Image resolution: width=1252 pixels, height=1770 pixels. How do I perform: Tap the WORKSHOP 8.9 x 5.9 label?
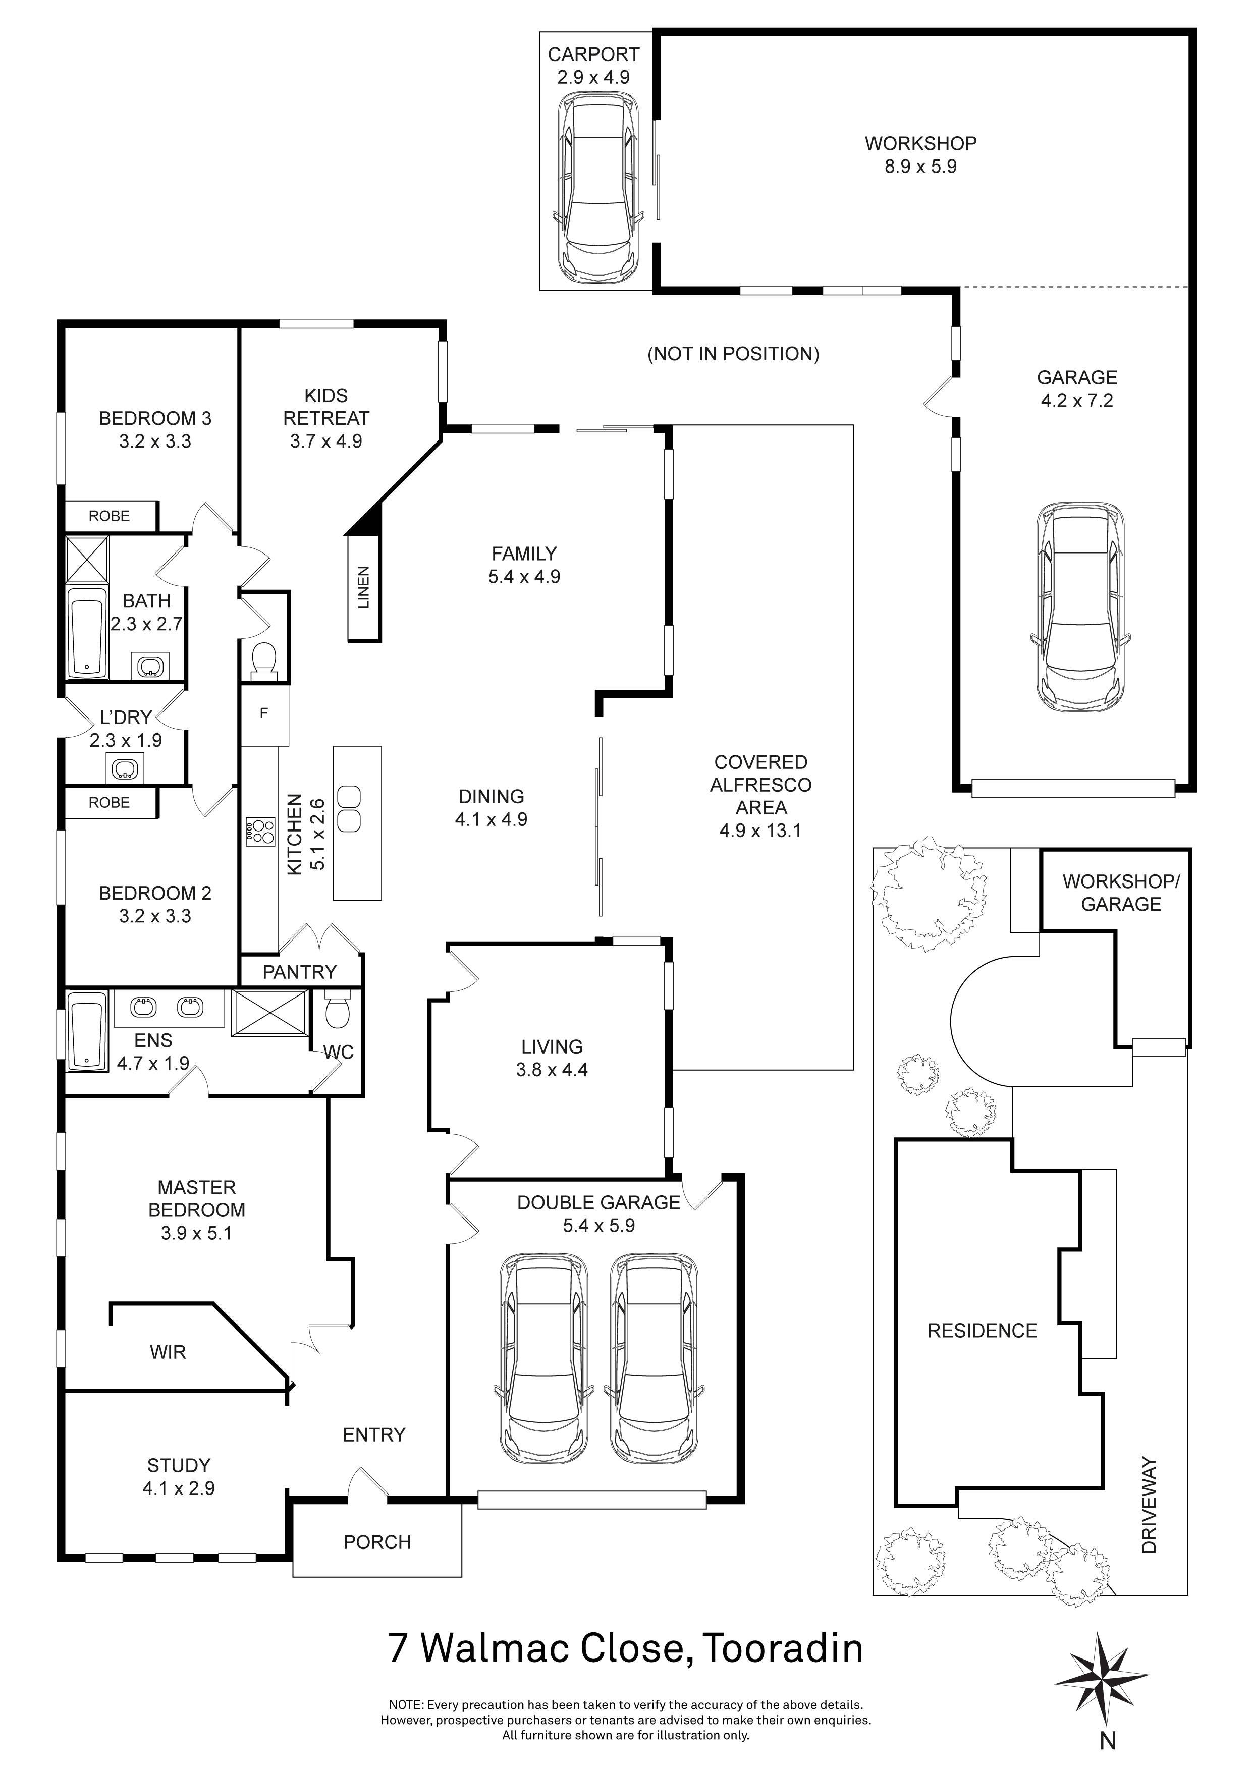[920, 155]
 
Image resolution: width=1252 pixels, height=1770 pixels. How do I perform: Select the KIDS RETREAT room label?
[326, 407]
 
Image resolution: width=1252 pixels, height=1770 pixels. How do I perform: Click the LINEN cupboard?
[364, 587]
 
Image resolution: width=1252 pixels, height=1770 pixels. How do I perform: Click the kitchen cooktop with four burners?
[260, 833]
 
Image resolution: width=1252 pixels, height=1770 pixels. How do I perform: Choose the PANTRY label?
[300, 972]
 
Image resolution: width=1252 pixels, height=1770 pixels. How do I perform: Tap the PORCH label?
[377, 1542]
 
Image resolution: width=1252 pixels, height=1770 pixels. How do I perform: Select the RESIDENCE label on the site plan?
[982, 1331]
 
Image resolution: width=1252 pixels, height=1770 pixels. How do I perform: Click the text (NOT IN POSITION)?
[733, 354]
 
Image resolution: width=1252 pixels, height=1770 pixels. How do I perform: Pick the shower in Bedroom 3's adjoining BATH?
[87, 559]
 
